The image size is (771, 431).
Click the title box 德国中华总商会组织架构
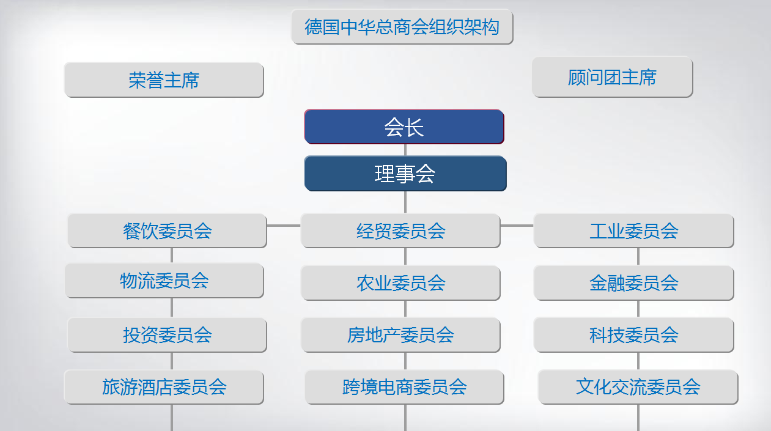(x=402, y=27)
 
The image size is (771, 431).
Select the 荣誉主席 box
(x=164, y=80)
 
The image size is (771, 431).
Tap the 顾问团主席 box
(x=612, y=77)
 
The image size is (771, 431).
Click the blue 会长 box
(x=404, y=127)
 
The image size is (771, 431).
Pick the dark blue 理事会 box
(x=405, y=174)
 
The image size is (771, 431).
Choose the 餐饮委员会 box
(x=168, y=230)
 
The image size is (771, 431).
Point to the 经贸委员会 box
(x=400, y=230)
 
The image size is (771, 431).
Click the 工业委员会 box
(x=634, y=230)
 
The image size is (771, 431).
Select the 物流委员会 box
(x=164, y=281)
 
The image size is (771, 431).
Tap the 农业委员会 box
(x=400, y=283)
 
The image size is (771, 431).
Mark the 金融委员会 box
(x=634, y=283)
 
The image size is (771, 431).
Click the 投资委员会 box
(x=168, y=335)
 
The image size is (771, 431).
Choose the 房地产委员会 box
(x=400, y=335)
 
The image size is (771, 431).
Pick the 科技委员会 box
(x=634, y=335)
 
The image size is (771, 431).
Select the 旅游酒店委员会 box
(x=164, y=387)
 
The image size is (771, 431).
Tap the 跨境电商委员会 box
(x=404, y=387)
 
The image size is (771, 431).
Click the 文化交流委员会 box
(x=638, y=387)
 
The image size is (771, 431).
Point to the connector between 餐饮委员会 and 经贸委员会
(x=284, y=226)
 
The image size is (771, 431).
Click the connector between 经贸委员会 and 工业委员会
(x=517, y=226)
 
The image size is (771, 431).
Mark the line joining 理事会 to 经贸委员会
(x=405, y=202)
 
